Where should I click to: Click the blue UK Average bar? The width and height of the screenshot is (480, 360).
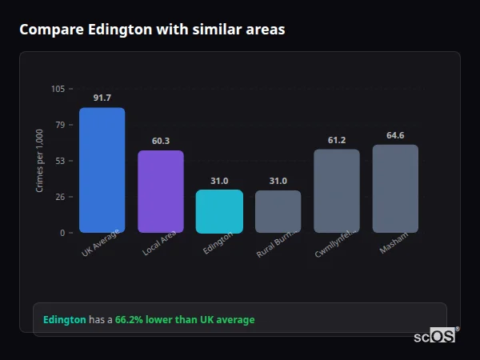coord(102,170)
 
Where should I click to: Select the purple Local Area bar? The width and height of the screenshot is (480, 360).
coord(160,191)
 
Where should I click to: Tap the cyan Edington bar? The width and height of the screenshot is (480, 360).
coord(219,211)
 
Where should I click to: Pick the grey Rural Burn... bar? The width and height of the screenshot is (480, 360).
coord(278,211)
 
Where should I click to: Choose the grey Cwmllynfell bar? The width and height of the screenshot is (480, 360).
coord(336,190)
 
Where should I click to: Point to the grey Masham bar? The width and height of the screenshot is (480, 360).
coord(395,189)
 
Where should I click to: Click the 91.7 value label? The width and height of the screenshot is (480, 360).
coord(102,98)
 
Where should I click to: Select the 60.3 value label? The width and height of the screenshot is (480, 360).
coord(160,141)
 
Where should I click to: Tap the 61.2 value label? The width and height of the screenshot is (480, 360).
coord(336,140)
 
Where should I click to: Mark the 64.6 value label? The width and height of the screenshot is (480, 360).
coord(395,135)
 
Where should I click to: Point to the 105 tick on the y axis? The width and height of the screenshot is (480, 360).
coord(58,89)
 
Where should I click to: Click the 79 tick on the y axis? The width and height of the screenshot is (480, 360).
coord(61,125)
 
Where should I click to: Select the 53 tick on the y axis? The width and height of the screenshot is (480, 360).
coord(61,161)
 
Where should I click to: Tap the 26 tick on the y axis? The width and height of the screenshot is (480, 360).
coord(61,197)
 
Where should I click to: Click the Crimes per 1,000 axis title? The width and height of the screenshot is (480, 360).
coord(40,161)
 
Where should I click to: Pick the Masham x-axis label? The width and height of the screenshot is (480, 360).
coord(394,243)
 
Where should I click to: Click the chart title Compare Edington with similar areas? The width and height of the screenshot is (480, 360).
coord(152,30)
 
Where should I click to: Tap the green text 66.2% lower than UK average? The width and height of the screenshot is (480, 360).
coord(185,320)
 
